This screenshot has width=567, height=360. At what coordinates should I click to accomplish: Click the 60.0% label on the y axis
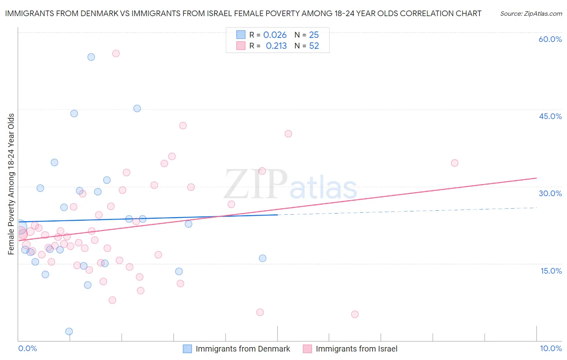[550, 39]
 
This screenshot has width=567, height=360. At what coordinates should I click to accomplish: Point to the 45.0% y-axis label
[550, 116]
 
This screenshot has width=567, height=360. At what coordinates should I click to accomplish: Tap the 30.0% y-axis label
[550, 193]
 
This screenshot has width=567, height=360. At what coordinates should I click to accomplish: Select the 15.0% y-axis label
[551, 271]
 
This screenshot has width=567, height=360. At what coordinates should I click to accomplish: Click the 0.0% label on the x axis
[27, 348]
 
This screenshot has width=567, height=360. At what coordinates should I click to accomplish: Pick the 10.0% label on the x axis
[550, 348]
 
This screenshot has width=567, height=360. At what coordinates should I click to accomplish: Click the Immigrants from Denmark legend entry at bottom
[242, 349]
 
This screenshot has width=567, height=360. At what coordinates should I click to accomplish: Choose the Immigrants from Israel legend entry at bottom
[356, 349]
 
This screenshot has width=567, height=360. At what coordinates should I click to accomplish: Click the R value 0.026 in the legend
[275, 35]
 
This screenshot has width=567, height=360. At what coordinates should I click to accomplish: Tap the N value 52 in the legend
[314, 46]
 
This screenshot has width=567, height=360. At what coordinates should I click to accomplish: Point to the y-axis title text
[11, 184]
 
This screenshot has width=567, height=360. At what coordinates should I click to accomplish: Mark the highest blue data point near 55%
[91, 57]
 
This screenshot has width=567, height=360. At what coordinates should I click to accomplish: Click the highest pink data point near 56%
[116, 53]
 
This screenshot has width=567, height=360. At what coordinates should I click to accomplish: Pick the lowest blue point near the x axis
[69, 331]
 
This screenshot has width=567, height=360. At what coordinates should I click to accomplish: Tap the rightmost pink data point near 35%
[454, 163]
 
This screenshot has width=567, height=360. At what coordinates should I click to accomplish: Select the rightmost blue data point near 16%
[263, 258]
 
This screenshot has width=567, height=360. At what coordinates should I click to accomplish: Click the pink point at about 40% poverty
[288, 134]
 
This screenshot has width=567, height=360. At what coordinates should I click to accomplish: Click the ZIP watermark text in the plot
[256, 184]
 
